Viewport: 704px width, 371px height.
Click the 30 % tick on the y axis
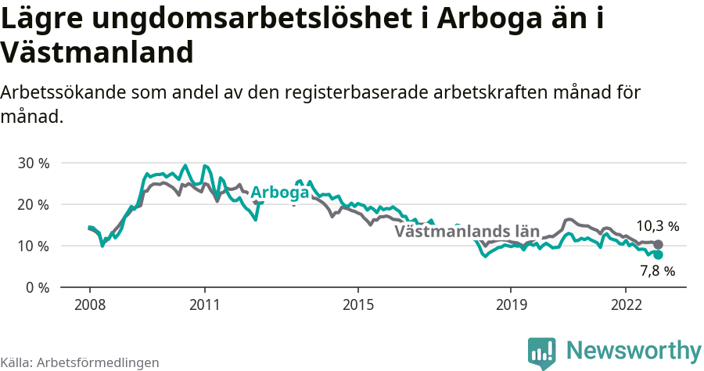[x=33, y=163]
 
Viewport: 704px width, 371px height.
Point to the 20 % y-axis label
[x=33, y=204]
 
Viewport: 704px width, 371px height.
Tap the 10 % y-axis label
[x=33, y=246]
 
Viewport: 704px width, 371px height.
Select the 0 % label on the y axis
[x=37, y=287]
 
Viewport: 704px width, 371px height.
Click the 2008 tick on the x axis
[x=89, y=304]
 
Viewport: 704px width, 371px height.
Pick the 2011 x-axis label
[x=204, y=304]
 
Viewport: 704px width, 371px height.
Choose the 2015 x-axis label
[x=357, y=304]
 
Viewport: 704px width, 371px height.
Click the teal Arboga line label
[x=279, y=193]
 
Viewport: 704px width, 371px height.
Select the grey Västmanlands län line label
[x=467, y=231]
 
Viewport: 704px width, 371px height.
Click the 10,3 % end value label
[x=657, y=226]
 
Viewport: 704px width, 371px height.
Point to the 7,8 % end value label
[x=657, y=272]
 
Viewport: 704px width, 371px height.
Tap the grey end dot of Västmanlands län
[x=658, y=244]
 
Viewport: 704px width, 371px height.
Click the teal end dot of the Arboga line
[x=658, y=255]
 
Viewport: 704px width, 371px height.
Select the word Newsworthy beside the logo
[x=634, y=350]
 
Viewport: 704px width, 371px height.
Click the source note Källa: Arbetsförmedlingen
[x=80, y=362]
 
